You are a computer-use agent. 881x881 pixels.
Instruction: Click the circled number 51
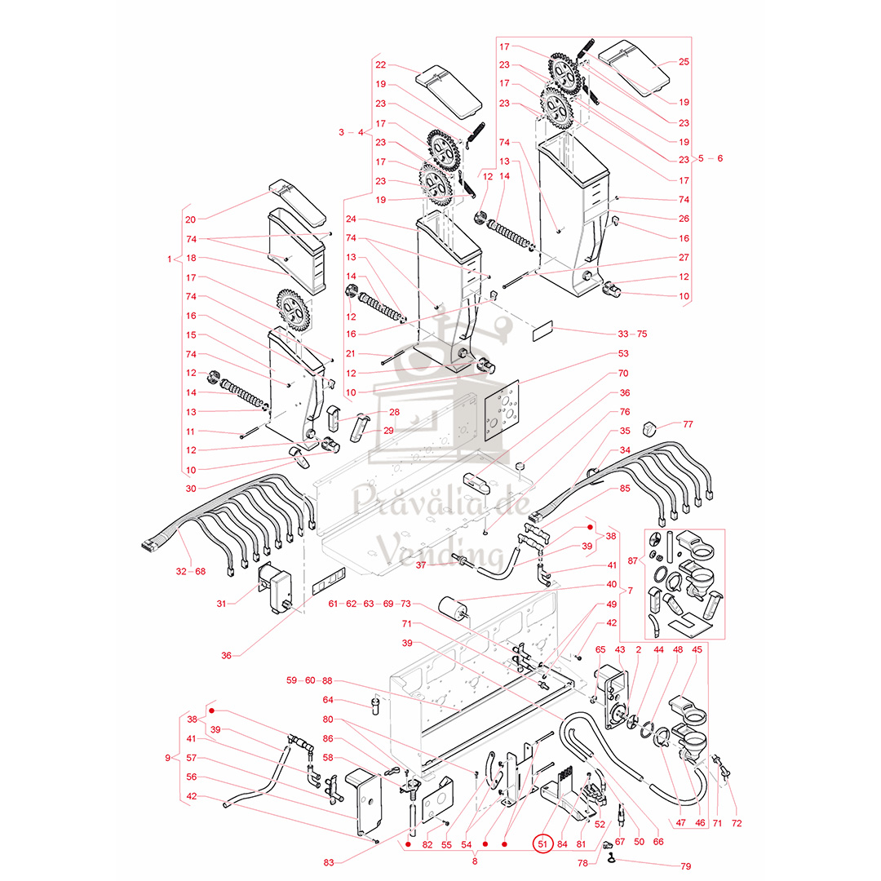[542, 843]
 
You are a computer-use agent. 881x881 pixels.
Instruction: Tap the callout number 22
[381, 64]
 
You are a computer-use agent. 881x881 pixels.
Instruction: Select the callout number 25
[684, 62]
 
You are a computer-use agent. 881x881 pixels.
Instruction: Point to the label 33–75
[633, 334]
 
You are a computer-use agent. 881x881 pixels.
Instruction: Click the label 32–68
[190, 571]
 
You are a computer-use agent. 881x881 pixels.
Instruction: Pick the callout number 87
[633, 560]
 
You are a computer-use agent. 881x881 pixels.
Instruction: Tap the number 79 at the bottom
[685, 866]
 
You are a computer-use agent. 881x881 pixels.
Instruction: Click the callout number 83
[329, 862]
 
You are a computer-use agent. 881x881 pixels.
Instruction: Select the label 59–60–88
[309, 680]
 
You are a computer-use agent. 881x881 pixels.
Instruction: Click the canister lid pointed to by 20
[297, 201]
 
